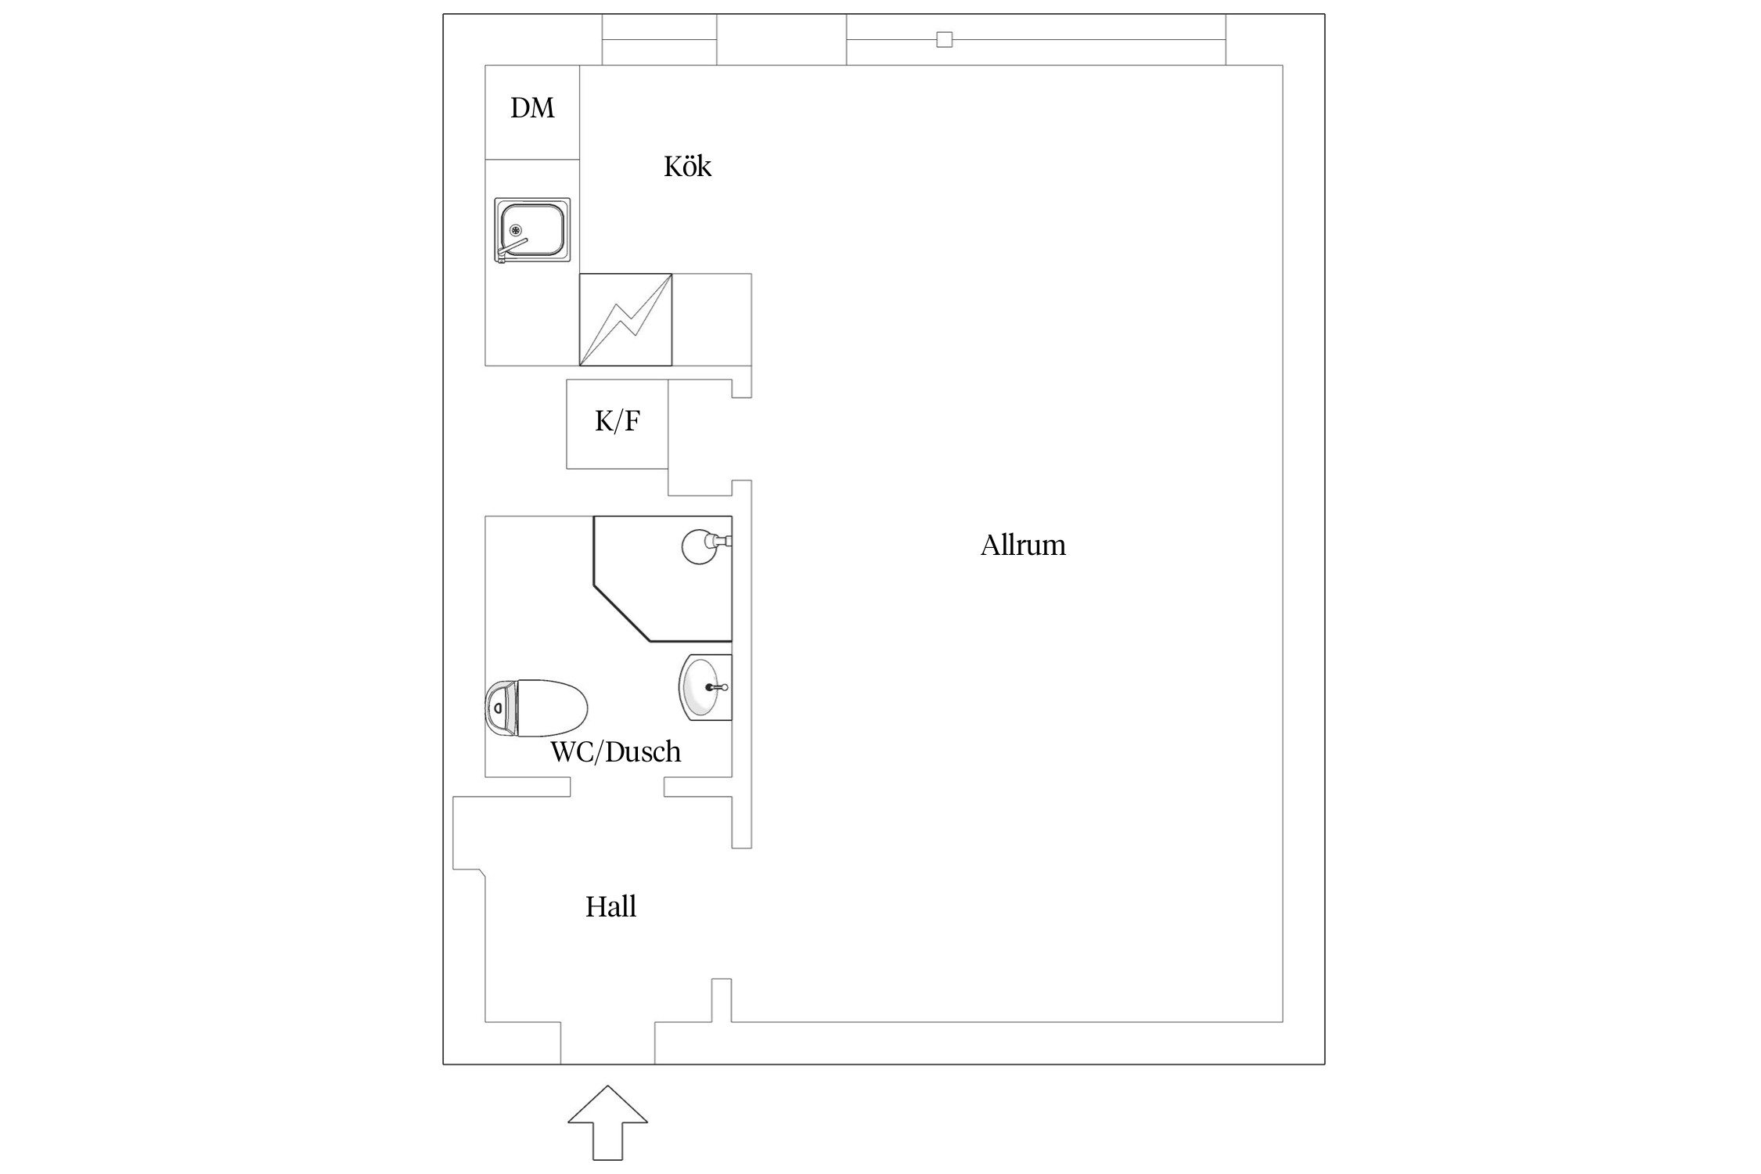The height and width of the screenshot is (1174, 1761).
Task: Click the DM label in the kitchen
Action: coord(532,108)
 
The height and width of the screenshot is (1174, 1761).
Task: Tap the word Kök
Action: coord(687,167)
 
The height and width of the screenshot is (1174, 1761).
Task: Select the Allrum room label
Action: coord(1023,546)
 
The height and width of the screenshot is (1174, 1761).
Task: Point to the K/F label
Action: coord(618,422)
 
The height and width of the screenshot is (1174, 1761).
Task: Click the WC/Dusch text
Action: coord(616,752)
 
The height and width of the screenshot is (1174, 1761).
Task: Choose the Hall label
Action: coord(610,907)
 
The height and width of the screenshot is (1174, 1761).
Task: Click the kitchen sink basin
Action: coord(532,229)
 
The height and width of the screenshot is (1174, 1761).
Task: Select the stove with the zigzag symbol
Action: coord(625,319)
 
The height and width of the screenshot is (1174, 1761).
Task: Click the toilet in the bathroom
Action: coord(536,708)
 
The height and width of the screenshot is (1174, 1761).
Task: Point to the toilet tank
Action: coord(500,708)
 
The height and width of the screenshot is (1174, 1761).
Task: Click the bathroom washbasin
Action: coord(705,687)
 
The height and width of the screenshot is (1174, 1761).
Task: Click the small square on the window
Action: coord(945,39)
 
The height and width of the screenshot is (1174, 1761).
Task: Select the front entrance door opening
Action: coord(607,1043)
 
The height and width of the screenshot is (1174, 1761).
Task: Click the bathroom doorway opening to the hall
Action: coord(617,787)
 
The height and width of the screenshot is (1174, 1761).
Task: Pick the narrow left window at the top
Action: coord(659,39)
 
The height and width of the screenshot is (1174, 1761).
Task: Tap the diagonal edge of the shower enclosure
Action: coord(623,612)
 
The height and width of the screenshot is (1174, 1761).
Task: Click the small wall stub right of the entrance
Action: coord(722,1000)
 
